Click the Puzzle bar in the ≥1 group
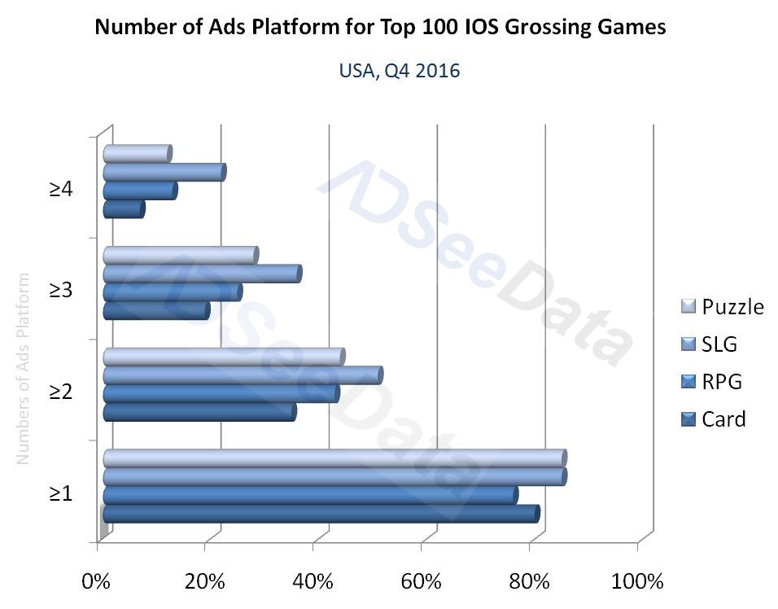[334, 458]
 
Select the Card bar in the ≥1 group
[321, 514]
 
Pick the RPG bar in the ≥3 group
[172, 292]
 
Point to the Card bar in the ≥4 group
[124, 209]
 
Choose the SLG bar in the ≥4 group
[164, 172]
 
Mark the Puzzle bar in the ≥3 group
[180, 255]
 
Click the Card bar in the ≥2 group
[199, 413]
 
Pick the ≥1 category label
[61, 493]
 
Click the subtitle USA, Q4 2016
[400, 72]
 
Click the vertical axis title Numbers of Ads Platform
[23, 368]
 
